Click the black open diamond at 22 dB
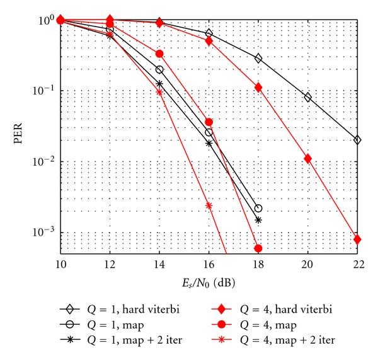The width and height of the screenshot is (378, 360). (357, 140)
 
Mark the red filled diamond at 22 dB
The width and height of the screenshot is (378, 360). (357, 240)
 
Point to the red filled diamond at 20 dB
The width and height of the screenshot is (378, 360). (307, 158)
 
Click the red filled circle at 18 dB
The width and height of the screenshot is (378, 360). (258, 248)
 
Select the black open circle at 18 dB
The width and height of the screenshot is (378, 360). (258, 208)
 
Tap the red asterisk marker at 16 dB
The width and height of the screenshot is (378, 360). (209, 206)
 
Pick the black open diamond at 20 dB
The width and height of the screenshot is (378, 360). (307, 97)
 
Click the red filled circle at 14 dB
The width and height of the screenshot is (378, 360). (159, 54)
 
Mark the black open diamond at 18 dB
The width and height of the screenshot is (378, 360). (258, 58)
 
